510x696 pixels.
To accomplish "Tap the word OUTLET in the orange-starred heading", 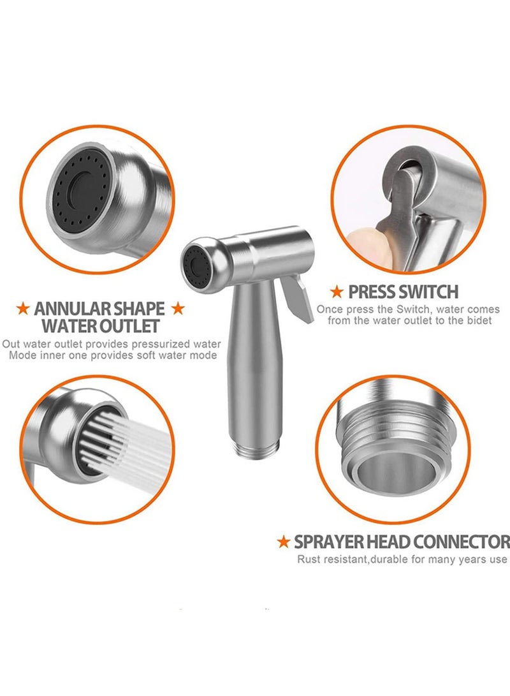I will (125, 327).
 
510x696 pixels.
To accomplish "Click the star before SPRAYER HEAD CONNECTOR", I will (284, 542).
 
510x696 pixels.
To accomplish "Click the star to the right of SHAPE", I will (178, 309).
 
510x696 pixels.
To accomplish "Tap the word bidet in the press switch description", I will (478, 320).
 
